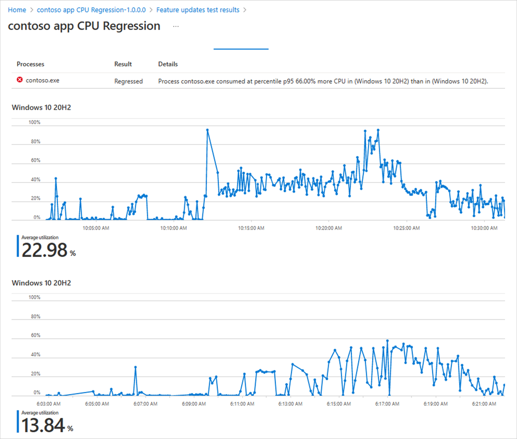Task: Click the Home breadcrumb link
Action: tap(17, 10)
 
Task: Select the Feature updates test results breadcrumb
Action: tap(198, 10)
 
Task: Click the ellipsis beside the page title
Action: tap(176, 26)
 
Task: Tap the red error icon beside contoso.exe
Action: tap(20, 80)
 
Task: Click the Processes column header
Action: tap(31, 64)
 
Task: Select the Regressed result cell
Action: tap(128, 81)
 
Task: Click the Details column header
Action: tap(168, 64)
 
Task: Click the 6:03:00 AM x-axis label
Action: tap(49, 403)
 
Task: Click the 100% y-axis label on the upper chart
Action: tap(34, 123)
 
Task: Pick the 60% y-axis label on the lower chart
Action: tap(35, 335)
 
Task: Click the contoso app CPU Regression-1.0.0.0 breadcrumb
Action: tap(91, 10)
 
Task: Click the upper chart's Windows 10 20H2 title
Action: tap(41, 107)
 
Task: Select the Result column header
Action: tap(123, 64)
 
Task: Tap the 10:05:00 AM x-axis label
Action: tap(96, 227)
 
